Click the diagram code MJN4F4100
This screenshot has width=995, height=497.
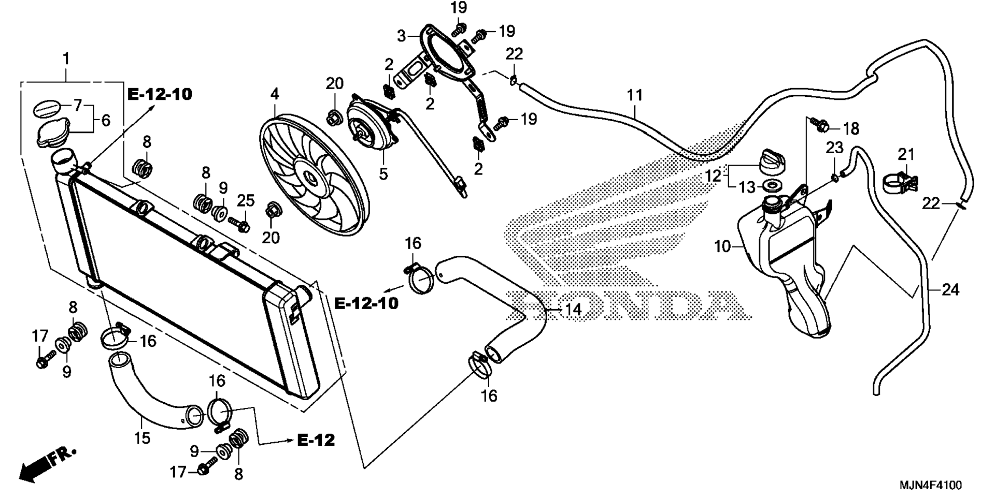click(930, 486)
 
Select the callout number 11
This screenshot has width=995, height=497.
click(634, 95)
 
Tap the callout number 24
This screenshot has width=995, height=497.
click(950, 290)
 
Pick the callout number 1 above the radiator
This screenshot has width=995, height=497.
click(66, 59)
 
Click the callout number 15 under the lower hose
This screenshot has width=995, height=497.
click(142, 438)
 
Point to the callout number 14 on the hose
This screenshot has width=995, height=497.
click(573, 310)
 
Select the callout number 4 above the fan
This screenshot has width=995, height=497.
click(275, 94)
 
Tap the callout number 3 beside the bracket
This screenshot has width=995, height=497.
click(402, 36)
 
